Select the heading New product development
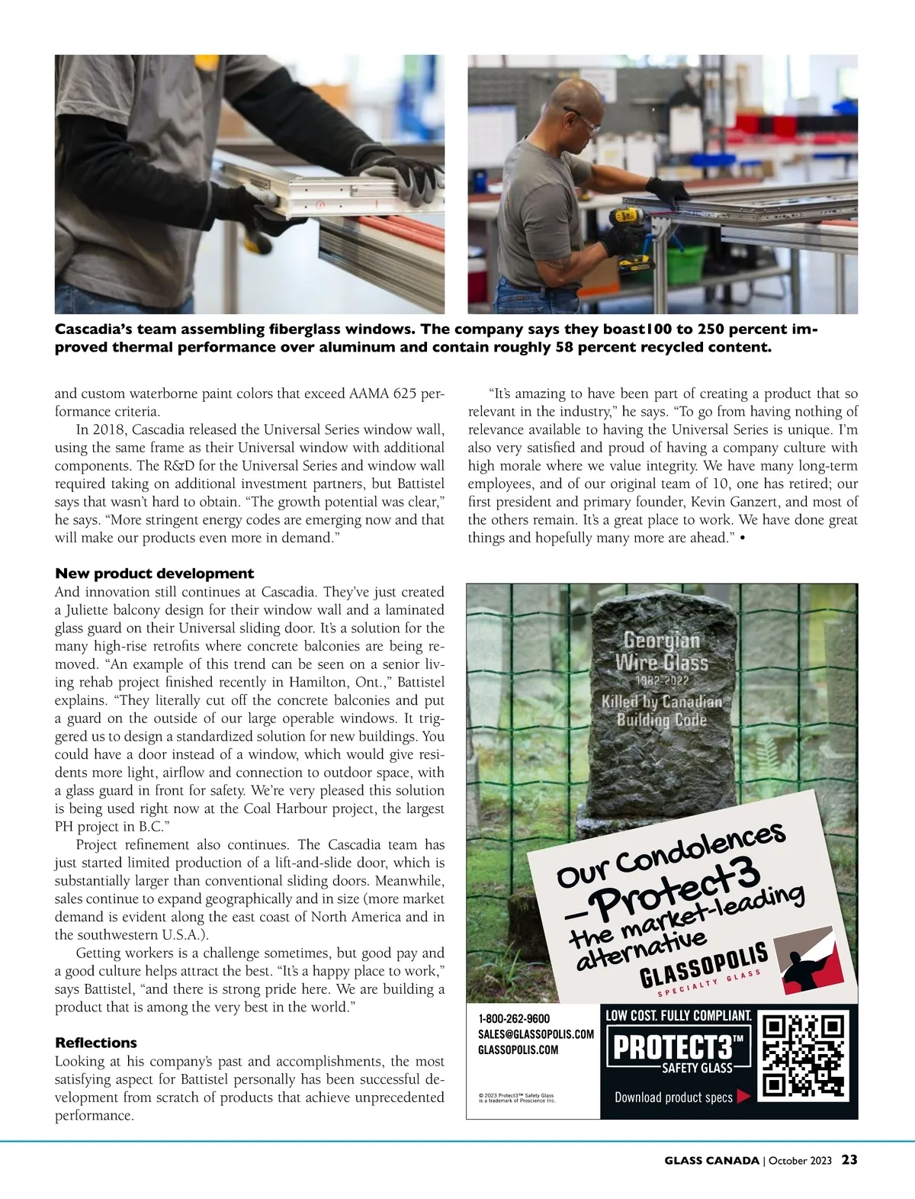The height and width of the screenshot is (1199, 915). [x=154, y=574]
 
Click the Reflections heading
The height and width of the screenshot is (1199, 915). [x=96, y=1043]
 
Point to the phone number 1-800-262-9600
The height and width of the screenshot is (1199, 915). [x=514, y=1019]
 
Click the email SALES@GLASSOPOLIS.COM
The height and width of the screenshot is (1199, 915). [x=535, y=1034]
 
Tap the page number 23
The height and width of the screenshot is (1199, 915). [x=849, y=1160]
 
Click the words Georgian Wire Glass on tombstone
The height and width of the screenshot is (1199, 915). [x=661, y=651]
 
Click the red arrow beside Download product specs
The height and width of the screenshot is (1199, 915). [x=744, y=1097]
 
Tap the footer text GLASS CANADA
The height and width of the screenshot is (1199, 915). [x=711, y=1161]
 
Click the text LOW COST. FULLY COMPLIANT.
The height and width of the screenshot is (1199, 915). [x=678, y=1016]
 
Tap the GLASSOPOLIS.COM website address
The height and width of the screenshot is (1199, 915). [x=518, y=1050]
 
